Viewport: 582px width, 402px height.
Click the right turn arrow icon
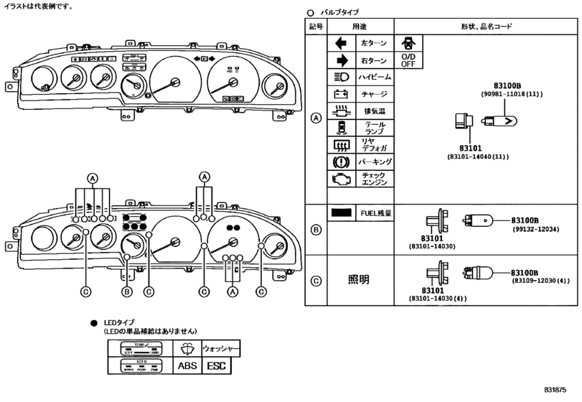pos(341,61)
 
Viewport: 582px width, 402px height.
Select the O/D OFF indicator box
pos(408,60)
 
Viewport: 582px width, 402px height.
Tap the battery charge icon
pos(341,94)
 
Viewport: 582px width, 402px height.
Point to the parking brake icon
pos(341,162)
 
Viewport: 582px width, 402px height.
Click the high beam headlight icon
pos(341,78)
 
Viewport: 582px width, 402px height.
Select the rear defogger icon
pos(341,145)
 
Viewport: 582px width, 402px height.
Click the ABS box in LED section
pos(186,365)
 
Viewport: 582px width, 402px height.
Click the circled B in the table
pos(315,230)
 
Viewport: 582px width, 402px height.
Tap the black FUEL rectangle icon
pos(342,213)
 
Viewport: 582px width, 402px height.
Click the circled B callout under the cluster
pos(126,291)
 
